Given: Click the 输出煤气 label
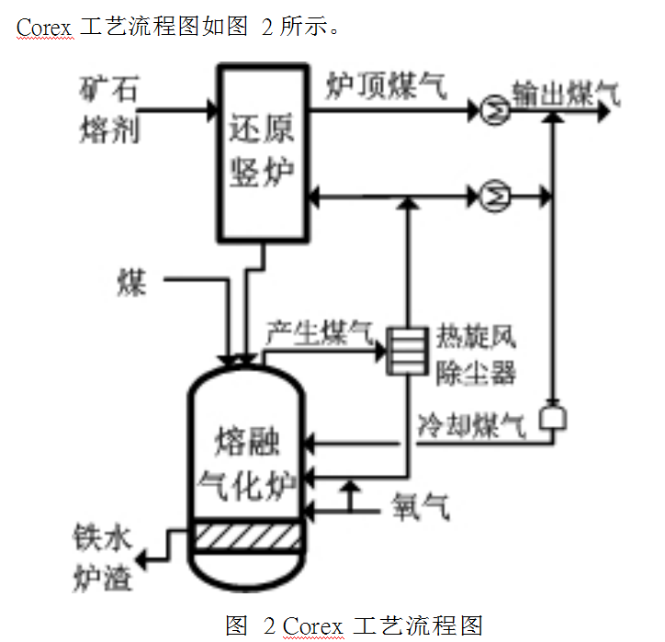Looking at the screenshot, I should [566, 94].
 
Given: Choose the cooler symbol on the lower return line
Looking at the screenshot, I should [495, 195].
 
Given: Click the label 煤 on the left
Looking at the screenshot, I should [131, 282].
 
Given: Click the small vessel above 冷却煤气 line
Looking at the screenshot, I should [553, 419].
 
